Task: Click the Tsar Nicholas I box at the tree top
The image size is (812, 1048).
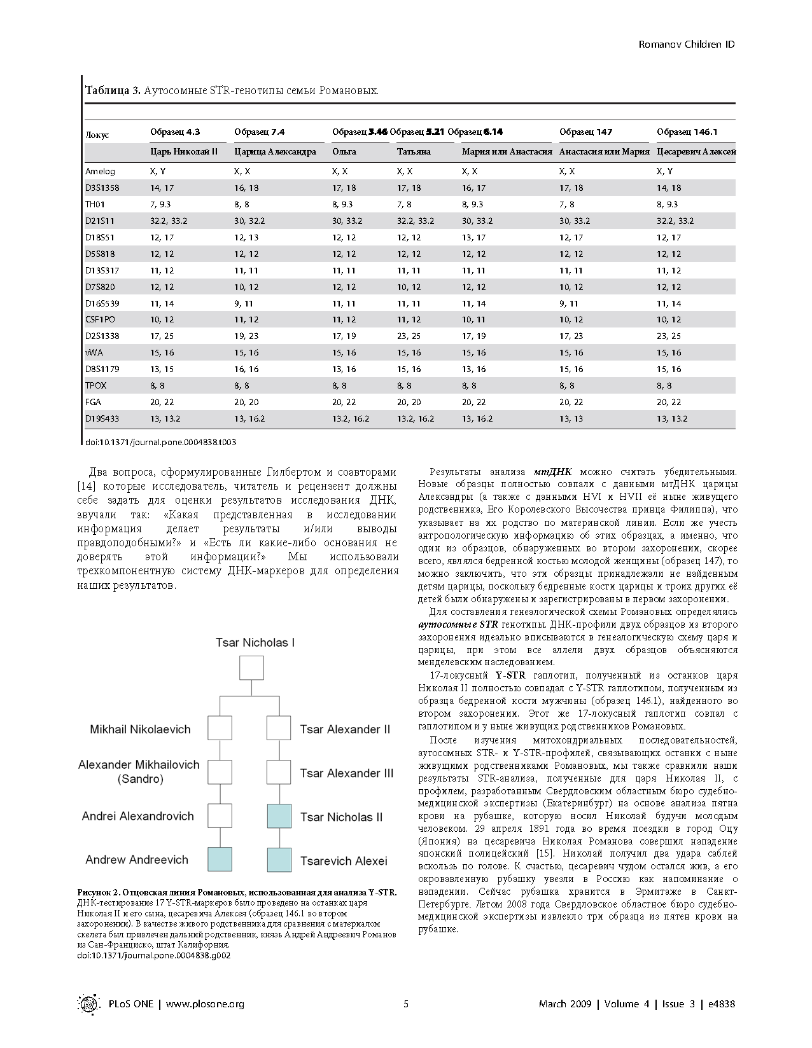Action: [x=251, y=668]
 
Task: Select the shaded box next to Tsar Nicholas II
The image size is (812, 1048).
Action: [x=279, y=816]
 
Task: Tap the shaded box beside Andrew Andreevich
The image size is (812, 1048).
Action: [x=220, y=859]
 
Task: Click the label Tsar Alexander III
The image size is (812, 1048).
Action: [x=347, y=773]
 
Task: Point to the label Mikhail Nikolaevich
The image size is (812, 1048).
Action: [x=140, y=729]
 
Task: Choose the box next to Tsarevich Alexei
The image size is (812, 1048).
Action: [x=279, y=859]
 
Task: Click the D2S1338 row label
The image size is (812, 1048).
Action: [x=102, y=336]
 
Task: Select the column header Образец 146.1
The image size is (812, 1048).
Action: [x=687, y=132]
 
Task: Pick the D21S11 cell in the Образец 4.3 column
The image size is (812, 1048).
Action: [x=169, y=221]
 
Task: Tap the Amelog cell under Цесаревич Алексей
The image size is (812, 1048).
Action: [x=664, y=171]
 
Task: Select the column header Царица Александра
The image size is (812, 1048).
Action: [x=275, y=151]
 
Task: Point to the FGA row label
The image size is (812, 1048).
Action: [x=94, y=402]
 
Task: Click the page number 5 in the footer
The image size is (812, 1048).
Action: [x=406, y=1003]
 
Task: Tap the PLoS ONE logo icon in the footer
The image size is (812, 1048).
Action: [x=88, y=1003]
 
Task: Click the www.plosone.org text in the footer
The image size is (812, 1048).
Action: [x=205, y=1003]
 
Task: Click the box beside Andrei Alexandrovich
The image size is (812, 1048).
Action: [x=220, y=816]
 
